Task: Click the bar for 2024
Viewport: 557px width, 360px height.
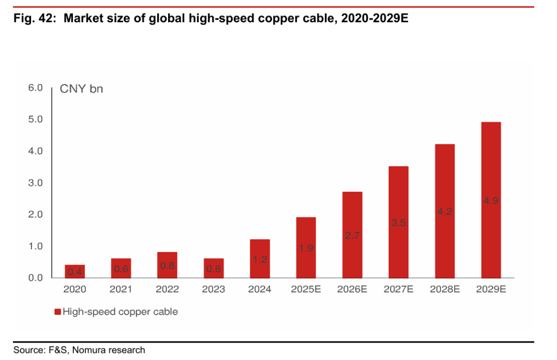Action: (x=259, y=258)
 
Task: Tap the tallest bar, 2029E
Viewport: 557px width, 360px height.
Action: (x=491, y=200)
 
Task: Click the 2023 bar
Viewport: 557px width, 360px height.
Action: (x=213, y=268)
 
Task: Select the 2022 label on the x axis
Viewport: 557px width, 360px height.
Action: (x=167, y=289)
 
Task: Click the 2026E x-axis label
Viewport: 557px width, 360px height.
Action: (x=352, y=289)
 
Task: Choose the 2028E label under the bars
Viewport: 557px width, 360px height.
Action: (x=444, y=289)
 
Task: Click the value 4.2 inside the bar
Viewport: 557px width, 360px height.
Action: (x=444, y=212)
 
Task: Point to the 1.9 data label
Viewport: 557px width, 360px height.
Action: (x=306, y=248)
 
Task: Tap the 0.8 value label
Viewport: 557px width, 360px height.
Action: (x=167, y=266)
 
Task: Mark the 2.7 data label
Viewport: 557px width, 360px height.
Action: (x=352, y=235)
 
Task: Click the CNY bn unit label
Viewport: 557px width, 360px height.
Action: (x=81, y=89)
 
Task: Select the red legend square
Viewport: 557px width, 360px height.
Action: (x=57, y=312)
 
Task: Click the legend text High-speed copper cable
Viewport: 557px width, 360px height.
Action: (x=120, y=312)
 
